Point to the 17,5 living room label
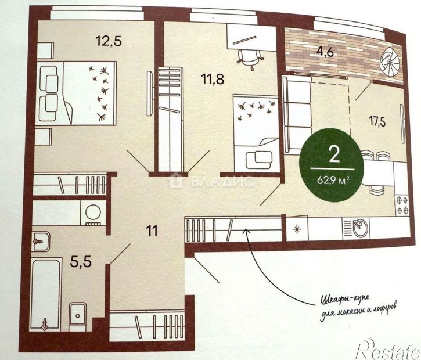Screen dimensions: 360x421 (x=378, y=122)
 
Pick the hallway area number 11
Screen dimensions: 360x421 (x=152, y=230)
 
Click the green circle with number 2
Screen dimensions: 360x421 (x=333, y=159)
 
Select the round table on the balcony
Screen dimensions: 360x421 (x=388, y=61)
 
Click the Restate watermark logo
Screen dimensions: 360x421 (x=388, y=348)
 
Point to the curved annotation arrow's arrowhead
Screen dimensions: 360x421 (x=246, y=231)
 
